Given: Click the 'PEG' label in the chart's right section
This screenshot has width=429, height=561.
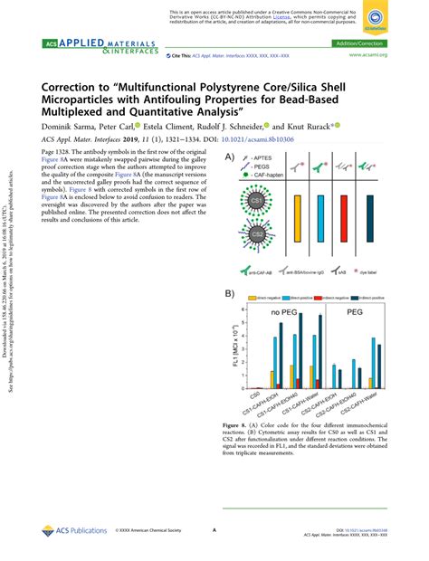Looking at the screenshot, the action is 360,314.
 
